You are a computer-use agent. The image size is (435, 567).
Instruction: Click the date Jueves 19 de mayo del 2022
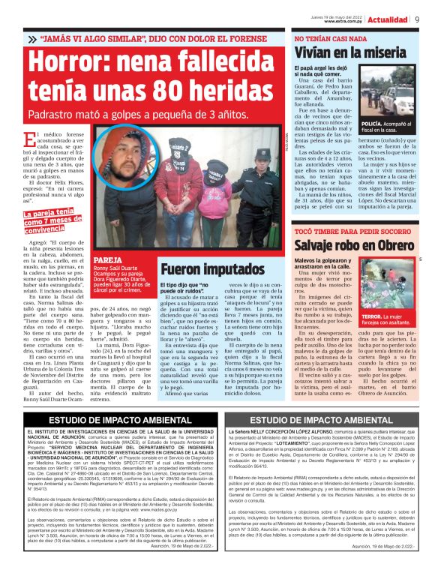pos(333,16)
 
